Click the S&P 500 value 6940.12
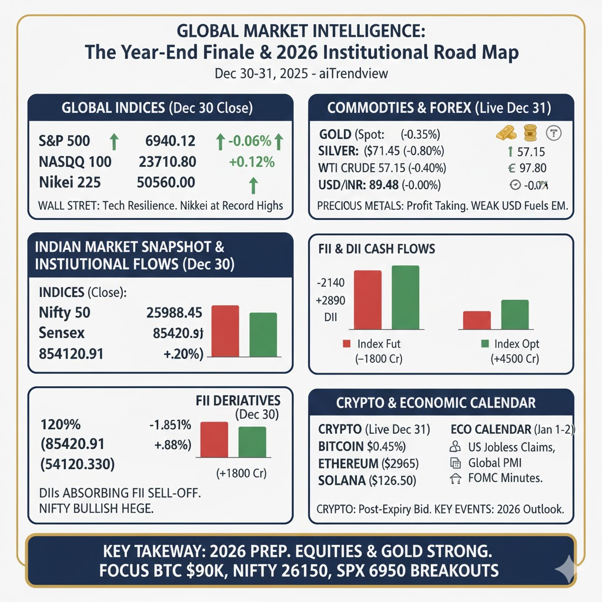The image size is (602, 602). click(x=170, y=141)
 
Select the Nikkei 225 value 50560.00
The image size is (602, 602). click(x=166, y=182)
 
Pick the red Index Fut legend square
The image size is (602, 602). click(x=346, y=344)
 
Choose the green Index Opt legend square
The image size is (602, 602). click(x=485, y=344)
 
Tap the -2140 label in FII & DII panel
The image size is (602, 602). click(x=330, y=283)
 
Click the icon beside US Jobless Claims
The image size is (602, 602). click(x=455, y=447)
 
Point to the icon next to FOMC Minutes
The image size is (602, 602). click(x=455, y=479)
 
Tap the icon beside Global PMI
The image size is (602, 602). click(x=455, y=463)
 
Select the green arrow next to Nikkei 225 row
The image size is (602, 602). click(x=253, y=186)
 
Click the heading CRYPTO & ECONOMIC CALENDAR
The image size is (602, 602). click(x=436, y=403)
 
